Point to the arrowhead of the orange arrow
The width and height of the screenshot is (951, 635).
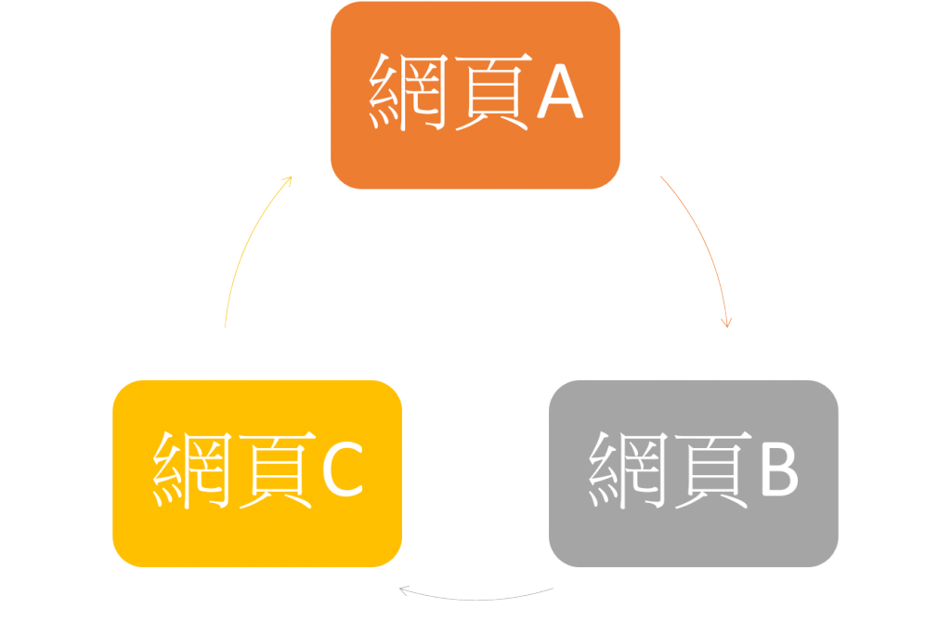tap(726, 323)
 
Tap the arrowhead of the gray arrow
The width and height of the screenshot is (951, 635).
tap(403, 589)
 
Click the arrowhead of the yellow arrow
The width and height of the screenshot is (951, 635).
tap(289, 179)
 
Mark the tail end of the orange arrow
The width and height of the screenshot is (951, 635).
tap(661, 176)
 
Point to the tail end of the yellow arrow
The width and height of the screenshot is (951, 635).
tap(225, 326)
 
